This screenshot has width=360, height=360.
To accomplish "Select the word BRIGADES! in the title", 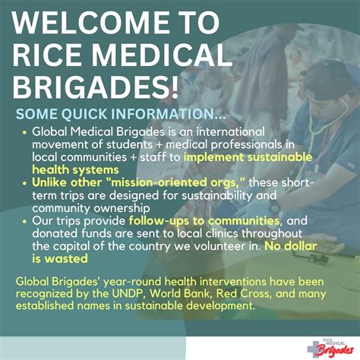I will click(x=91, y=92).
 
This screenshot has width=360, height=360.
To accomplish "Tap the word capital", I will click(x=71, y=246).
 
